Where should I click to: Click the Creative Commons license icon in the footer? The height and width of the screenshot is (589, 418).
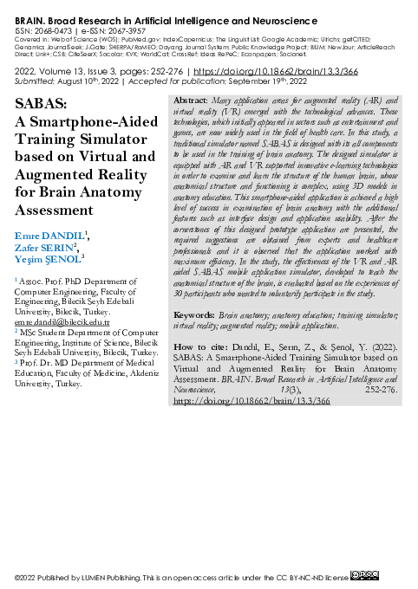click(x=363, y=575)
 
